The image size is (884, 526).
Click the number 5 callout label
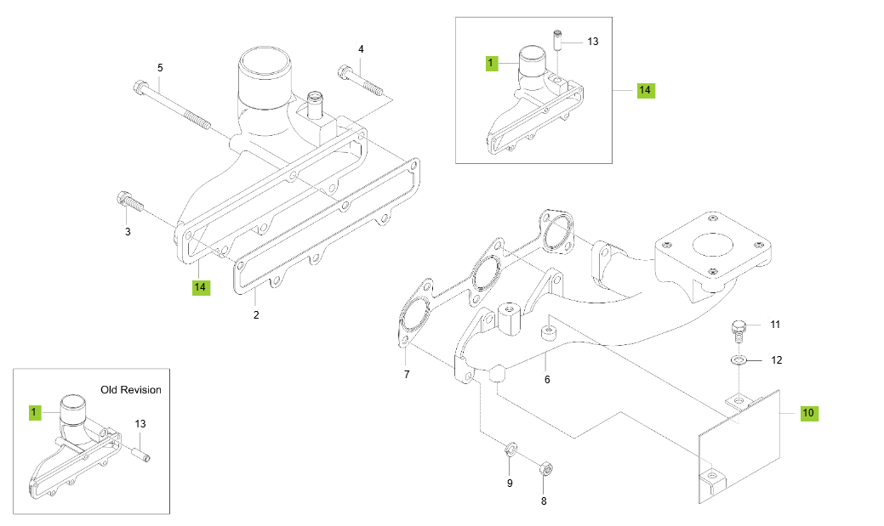coord(159,67)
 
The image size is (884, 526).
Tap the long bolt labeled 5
coord(174,103)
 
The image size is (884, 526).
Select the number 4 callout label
coord(361,49)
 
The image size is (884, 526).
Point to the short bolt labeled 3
coord(127,201)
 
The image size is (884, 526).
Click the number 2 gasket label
coord(255,315)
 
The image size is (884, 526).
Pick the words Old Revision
coord(130,390)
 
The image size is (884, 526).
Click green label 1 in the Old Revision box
coord(35,413)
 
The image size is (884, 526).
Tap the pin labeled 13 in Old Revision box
coord(142,452)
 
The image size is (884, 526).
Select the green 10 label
coord(808,413)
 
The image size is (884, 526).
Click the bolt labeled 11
coord(738,328)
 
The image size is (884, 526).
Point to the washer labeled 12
coord(739,360)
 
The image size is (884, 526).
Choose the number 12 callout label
coord(776,360)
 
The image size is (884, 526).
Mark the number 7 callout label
coord(406,374)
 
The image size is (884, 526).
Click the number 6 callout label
coord(547,379)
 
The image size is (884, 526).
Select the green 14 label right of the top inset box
coord(646,89)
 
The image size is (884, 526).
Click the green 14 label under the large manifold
coord(200,287)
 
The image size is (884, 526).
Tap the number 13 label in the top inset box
coord(593,42)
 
